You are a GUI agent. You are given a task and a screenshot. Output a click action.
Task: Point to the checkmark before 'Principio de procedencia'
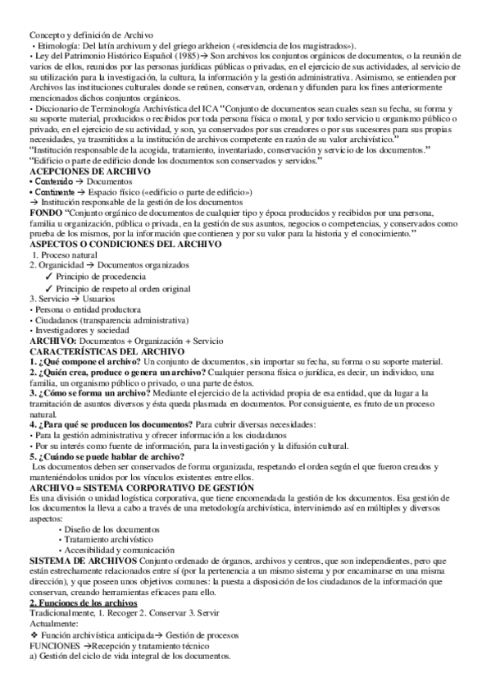(49, 278)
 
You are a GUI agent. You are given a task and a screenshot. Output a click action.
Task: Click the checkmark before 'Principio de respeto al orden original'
(49, 290)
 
